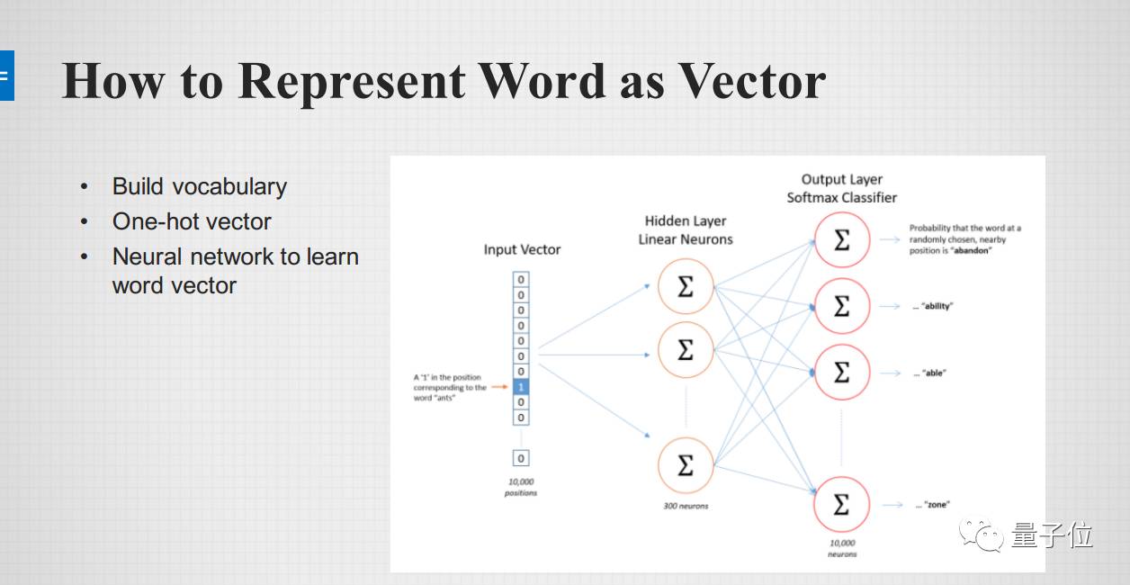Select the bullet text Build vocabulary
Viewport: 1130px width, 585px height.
pyautogui.click(x=199, y=186)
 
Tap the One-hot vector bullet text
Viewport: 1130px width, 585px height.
pyautogui.click(x=192, y=221)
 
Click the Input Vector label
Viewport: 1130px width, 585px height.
pyautogui.click(x=522, y=249)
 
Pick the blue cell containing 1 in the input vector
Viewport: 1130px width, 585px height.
pyautogui.click(x=521, y=387)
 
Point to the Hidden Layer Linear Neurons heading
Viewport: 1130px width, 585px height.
pyautogui.click(x=686, y=230)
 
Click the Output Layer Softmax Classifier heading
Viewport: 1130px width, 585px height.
pyautogui.click(x=841, y=189)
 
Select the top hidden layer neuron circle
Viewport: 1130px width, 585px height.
pyautogui.click(x=686, y=287)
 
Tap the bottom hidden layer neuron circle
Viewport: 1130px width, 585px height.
pyautogui.click(x=686, y=464)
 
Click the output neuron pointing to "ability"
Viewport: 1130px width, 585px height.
pyautogui.click(x=841, y=307)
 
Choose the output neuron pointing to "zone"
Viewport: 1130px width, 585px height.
pyautogui.click(x=841, y=505)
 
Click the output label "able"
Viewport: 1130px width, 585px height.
pyautogui.click(x=934, y=373)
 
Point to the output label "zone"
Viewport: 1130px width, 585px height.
pyautogui.click(x=937, y=505)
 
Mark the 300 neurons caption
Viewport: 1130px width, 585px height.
pyautogui.click(x=686, y=506)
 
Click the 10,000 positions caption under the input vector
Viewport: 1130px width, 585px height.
pyautogui.click(x=521, y=487)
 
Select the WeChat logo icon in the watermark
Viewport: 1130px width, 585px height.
pyautogui.click(x=981, y=535)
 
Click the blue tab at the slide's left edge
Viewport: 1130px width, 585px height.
pyautogui.click(x=6, y=76)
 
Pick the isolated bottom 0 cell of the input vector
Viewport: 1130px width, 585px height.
pyautogui.click(x=521, y=458)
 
